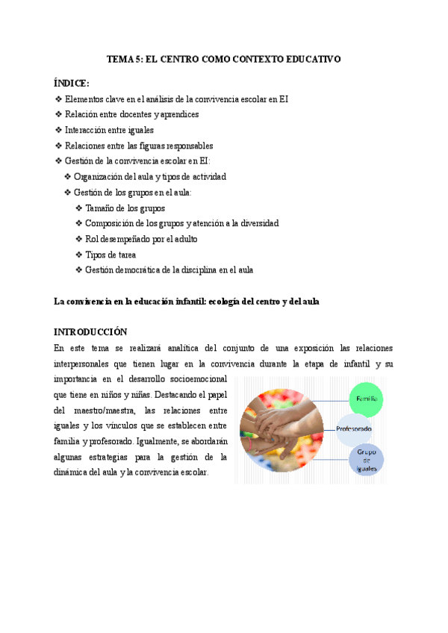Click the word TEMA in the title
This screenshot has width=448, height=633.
pyautogui.click(x=120, y=60)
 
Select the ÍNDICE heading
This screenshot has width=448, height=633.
pyautogui.click(x=72, y=82)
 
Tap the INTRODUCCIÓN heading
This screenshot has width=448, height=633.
pyautogui.click(x=90, y=331)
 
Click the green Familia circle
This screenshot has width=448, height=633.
pyautogui.click(x=367, y=399)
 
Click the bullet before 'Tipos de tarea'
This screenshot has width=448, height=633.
pyautogui.click(x=79, y=255)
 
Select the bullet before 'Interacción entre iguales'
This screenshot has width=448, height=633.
pyautogui.click(x=59, y=130)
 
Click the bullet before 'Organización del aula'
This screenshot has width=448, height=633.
pyautogui.click(x=69, y=177)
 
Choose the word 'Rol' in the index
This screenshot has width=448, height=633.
pyautogui.click(x=92, y=239)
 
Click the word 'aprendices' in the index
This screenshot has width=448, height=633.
pyautogui.click(x=176, y=114)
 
